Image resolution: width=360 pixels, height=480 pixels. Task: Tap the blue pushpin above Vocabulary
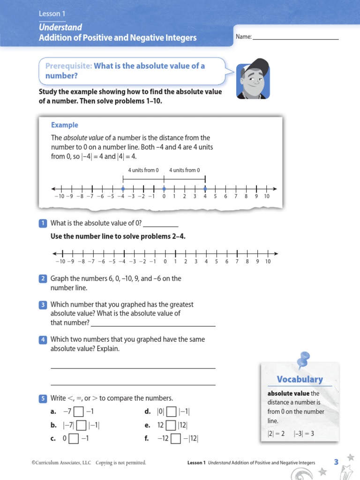[303, 359]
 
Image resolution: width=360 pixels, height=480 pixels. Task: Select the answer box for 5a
[79, 412]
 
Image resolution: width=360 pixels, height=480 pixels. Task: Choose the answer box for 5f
[176, 439]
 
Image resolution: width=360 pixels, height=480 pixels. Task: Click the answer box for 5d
[172, 412]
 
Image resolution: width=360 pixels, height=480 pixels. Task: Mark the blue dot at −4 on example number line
[123, 189]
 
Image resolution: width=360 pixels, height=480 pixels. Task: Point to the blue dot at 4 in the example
[205, 189]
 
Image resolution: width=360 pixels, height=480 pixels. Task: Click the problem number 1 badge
[43, 223]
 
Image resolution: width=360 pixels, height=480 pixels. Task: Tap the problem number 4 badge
[43, 339]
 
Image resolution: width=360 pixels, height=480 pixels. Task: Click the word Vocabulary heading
[300, 379]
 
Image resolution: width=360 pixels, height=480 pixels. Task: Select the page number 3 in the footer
[336, 462]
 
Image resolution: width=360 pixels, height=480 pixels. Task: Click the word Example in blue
[65, 125]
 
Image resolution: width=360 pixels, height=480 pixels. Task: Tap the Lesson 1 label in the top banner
[52, 15]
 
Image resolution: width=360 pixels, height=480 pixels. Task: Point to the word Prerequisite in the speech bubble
[68, 66]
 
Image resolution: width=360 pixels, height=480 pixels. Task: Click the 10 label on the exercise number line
[268, 262]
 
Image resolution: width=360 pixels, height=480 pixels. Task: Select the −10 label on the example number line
[59, 196]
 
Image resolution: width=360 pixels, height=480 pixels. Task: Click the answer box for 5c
[74, 439]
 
